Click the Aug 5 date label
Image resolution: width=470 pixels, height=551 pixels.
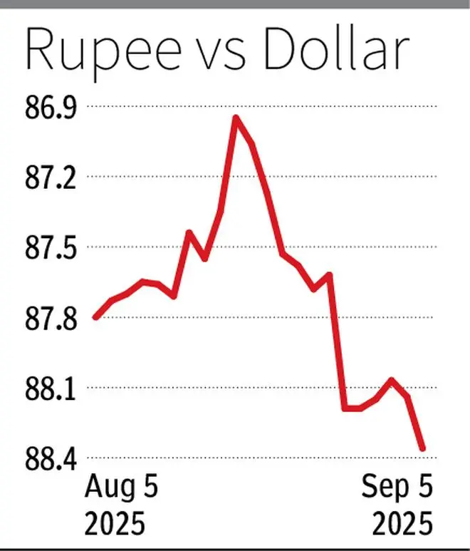(x=122, y=490)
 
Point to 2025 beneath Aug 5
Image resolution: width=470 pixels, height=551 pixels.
(x=115, y=524)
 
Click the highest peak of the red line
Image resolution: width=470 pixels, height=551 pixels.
(x=236, y=117)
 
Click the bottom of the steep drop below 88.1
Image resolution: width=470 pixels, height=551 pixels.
(x=345, y=408)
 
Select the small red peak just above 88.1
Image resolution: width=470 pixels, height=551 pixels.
(x=391, y=379)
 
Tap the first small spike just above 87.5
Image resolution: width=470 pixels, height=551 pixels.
(x=189, y=232)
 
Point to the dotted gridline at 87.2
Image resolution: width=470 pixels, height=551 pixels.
(x=320, y=177)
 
